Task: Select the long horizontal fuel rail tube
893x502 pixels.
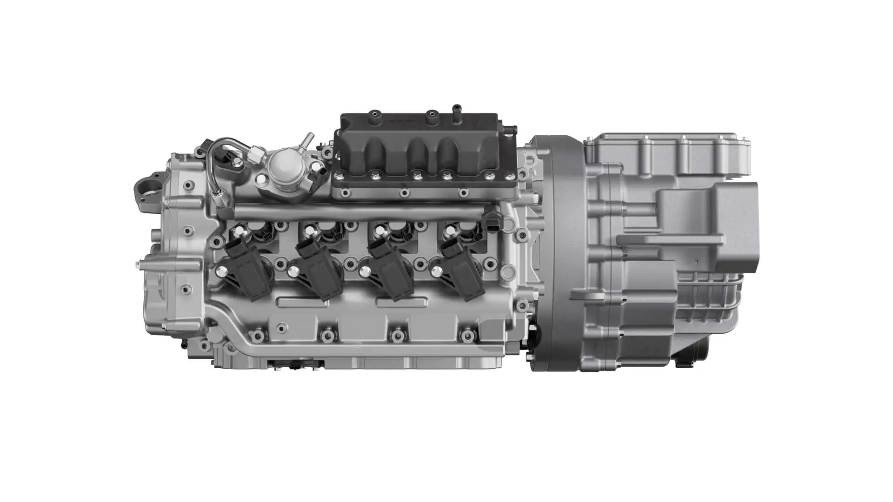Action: (358, 211)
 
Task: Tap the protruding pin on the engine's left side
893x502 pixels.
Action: (140, 264)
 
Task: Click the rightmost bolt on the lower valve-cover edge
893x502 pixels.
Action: (467, 335)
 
